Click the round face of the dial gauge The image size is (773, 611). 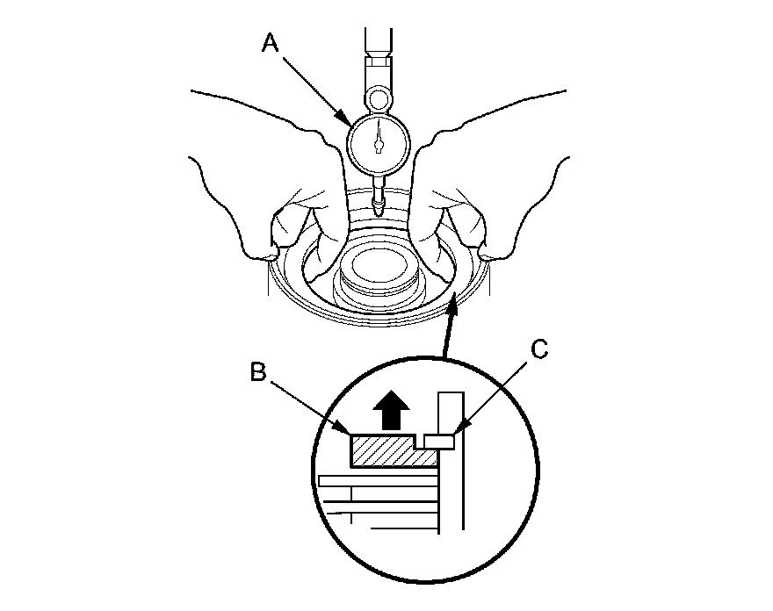tap(379, 141)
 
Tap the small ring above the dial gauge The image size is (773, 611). tap(379, 96)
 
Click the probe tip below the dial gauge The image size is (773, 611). tap(379, 209)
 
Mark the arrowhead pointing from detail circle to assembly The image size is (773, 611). tap(452, 304)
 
